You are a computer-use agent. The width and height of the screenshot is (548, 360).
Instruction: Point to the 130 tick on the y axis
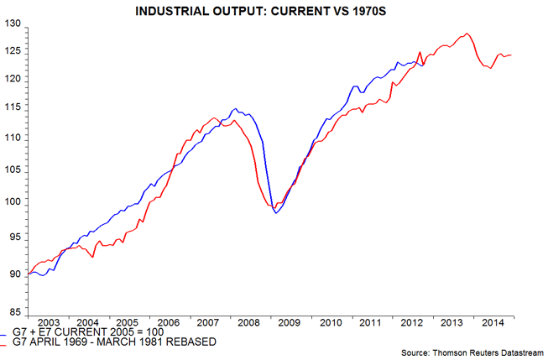(12, 23)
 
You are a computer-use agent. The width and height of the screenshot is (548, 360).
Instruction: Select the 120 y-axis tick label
(12, 79)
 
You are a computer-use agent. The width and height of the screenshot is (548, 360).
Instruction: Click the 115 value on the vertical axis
(12, 109)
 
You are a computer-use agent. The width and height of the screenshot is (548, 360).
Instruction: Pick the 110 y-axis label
(12, 138)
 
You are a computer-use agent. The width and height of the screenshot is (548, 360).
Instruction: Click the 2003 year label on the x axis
(48, 323)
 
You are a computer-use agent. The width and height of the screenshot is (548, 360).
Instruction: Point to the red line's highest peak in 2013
(466, 34)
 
